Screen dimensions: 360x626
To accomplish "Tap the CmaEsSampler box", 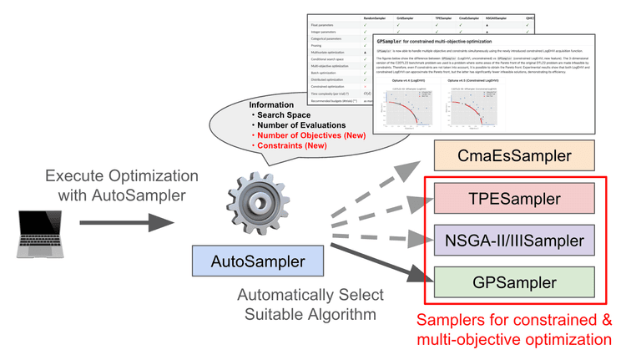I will coord(514,155).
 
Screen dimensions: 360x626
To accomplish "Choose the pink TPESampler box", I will coord(514,200).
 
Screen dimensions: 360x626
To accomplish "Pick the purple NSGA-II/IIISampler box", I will coord(514,241).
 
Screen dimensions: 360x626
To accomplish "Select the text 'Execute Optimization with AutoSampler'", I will coord(122,185).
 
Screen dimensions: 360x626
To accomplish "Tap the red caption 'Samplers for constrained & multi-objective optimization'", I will coord(514,331).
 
